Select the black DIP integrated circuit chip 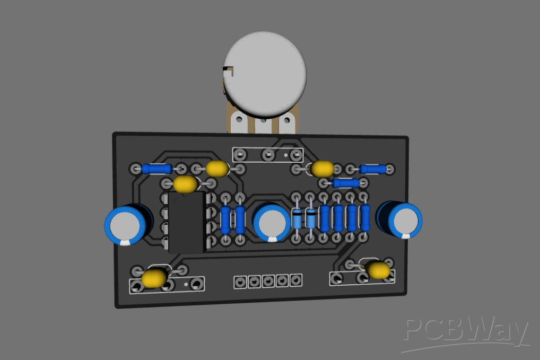point(186,222)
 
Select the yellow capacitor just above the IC point(185,185)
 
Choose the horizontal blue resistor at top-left point(157,169)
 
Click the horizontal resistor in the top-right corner point(373,169)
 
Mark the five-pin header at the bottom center point(268,281)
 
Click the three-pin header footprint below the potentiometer point(268,155)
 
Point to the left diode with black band point(298,218)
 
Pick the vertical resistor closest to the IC point(225,219)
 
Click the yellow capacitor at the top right point(323,169)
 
